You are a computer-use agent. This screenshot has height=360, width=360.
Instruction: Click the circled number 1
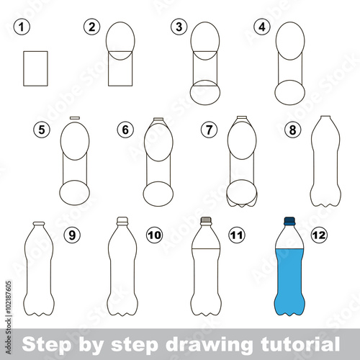22,27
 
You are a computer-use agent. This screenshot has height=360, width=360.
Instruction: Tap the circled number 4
262,27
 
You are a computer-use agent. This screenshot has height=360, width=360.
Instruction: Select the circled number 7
210,130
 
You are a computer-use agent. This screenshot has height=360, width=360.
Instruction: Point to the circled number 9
72,235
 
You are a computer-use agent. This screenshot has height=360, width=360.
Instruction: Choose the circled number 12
319,235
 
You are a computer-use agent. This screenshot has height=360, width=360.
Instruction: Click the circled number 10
155,235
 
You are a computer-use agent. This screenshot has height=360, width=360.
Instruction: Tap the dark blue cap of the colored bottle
289,221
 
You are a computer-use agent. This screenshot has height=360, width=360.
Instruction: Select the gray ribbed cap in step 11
207,220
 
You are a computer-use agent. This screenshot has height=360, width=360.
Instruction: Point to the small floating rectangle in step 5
75,118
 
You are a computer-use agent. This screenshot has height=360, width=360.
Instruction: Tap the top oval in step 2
120,22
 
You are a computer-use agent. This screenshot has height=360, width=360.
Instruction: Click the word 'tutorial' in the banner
300,344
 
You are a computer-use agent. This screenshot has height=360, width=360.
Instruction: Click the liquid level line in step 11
206,249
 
